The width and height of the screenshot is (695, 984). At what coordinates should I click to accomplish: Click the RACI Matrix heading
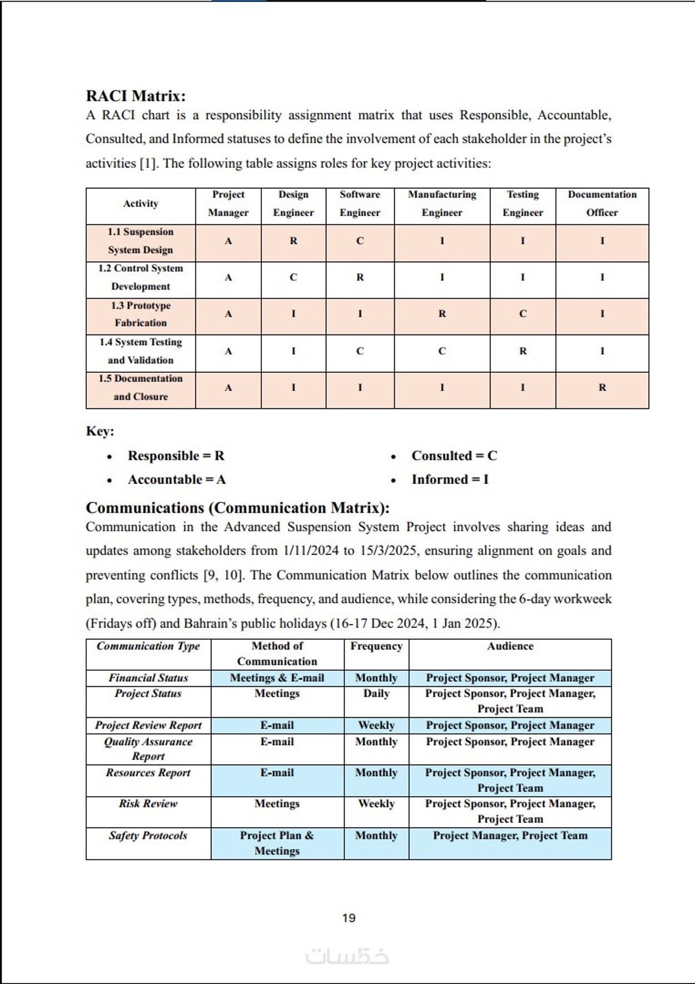pos(136,96)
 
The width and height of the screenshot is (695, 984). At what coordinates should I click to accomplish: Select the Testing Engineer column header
pos(523,203)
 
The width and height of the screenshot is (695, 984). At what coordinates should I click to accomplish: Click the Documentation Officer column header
pos(602,203)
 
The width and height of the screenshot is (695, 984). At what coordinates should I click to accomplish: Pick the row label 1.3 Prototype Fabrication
pos(141,314)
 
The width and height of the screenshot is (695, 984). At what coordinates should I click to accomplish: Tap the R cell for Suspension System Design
pos(294,241)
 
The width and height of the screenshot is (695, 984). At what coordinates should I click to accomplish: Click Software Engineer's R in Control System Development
pos(360,277)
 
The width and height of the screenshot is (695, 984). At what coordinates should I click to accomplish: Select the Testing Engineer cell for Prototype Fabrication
pos(523,314)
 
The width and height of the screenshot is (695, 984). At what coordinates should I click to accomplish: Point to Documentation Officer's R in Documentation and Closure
pos(602,388)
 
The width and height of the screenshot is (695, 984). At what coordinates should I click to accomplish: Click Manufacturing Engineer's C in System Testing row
pos(442,351)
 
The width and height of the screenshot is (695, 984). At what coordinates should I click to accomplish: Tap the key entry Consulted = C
pos(454,456)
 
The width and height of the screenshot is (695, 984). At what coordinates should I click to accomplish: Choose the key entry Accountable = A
pos(177,479)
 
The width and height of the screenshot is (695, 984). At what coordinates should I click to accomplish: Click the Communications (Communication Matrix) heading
pos(237,508)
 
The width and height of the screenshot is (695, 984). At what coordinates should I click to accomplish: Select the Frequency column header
pos(376,646)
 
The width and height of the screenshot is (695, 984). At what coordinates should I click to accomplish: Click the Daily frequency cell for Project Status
pos(376,693)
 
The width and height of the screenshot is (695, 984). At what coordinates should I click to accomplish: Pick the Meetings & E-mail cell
pos(277,678)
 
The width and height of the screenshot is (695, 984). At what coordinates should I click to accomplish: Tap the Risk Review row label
pos(148,803)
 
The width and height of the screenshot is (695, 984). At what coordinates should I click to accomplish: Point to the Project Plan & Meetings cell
pos(277,843)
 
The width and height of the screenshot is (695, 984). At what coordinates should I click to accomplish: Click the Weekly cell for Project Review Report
pos(376,725)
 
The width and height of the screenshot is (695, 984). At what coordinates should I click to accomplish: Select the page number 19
pos(349,918)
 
